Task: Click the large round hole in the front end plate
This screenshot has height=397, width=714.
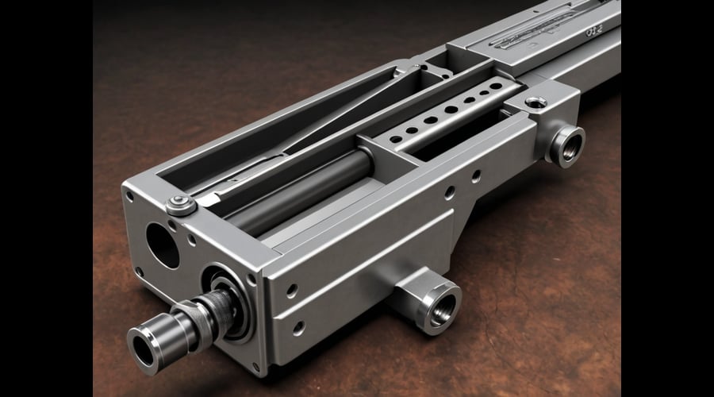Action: click(162, 244)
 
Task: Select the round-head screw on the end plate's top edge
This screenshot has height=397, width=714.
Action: click(180, 205)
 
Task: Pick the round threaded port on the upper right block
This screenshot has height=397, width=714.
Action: click(567, 145)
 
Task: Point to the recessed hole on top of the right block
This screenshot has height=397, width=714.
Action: click(535, 102)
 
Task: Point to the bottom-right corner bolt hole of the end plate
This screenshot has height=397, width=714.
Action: click(256, 366)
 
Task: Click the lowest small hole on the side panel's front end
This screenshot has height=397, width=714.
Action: click(298, 326)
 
